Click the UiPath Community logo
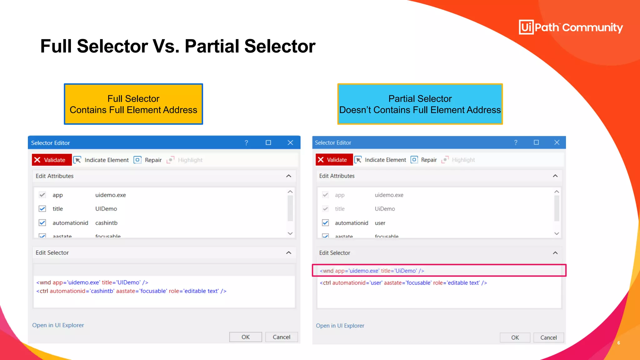tap(571, 27)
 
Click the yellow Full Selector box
tap(133, 104)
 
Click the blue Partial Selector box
tap(420, 104)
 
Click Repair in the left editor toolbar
tap(148, 160)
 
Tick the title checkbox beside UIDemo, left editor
tap(42, 209)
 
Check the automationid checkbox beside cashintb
tap(42, 223)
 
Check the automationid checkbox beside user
tap(325, 223)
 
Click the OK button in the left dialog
tap(245, 337)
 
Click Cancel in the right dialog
tap(548, 337)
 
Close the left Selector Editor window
tap(290, 143)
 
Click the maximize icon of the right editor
tap(536, 142)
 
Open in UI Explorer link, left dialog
tap(58, 325)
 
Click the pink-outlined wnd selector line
tap(372, 271)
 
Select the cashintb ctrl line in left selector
tap(131, 291)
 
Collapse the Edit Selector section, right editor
tap(555, 253)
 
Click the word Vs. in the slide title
tap(166, 46)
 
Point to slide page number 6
tap(618, 343)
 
